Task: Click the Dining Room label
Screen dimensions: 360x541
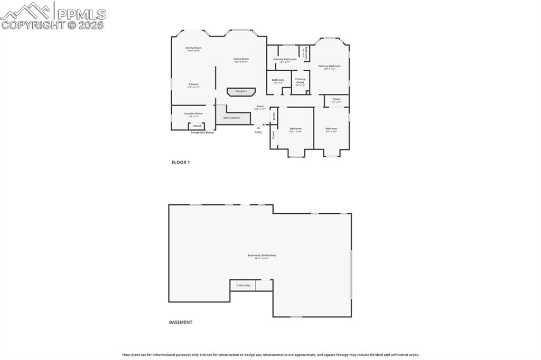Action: (193, 48)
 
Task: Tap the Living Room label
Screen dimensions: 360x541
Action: (241, 59)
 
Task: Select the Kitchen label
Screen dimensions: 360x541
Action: (193, 84)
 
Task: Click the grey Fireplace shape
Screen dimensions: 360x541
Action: (241, 91)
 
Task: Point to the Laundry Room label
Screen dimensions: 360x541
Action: (193, 113)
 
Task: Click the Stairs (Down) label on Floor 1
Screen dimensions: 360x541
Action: (231, 118)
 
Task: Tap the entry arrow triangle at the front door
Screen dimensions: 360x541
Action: (258, 127)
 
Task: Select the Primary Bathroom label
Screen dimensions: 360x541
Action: (285, 59)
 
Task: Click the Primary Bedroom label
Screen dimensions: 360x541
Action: (329, 67)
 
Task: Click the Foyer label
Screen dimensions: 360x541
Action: (260, 107)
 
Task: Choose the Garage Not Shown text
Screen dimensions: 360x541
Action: (202, 132)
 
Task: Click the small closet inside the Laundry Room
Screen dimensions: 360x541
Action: (197, 126)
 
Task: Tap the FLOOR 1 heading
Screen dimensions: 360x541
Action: (181, 163)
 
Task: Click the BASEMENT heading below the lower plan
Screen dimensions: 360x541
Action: (181, 323)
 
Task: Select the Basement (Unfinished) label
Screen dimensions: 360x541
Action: (262, 255)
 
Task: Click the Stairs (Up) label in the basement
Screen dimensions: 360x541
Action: (244, 286)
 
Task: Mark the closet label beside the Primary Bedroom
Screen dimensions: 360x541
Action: (337, 99)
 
